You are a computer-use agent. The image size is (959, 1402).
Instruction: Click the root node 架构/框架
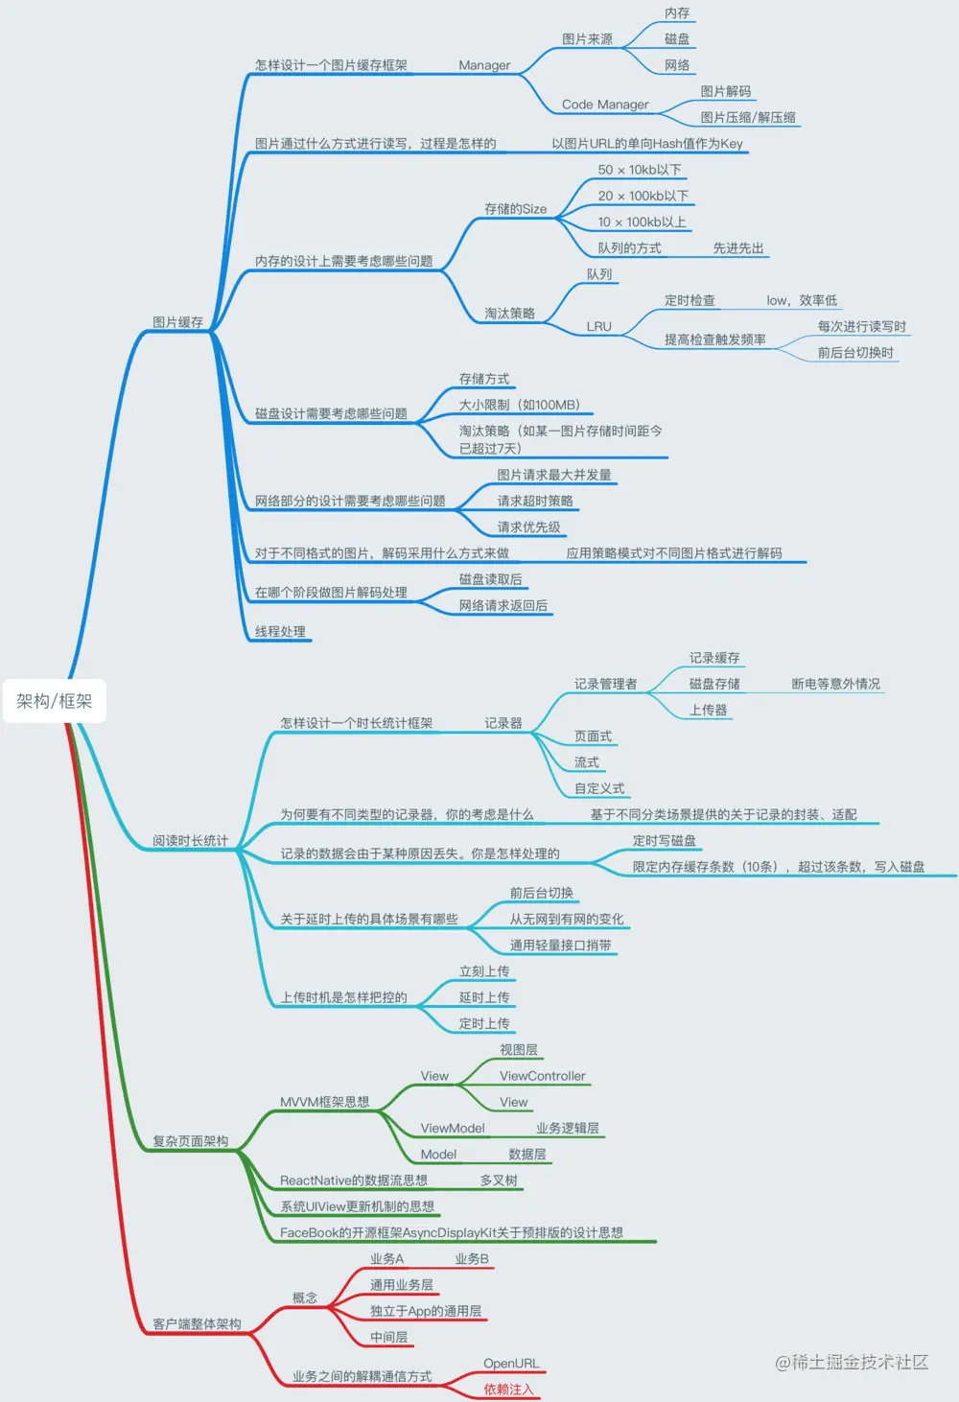pos(54,701)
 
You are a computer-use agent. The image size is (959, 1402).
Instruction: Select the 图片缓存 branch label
pos(177,322)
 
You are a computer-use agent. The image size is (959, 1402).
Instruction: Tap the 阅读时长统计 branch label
pos(190,841)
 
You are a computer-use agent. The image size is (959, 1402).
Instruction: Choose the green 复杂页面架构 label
pos(190,1141)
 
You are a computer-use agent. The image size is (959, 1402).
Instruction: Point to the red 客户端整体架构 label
pos(197,1324)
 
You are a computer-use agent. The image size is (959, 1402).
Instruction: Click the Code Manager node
pos(605,105)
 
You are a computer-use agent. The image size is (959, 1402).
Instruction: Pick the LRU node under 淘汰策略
pos(598,326)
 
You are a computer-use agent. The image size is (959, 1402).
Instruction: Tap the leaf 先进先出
pos(737,248)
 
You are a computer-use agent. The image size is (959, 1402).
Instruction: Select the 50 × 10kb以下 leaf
pos(640,170)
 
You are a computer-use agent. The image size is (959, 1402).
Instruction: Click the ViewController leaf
pos(542,1076)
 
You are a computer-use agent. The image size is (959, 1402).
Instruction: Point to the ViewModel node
pos(453,1129)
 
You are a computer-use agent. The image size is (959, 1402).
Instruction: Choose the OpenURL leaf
pos(511,1364)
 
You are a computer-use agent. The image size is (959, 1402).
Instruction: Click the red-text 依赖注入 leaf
pos(508,1390)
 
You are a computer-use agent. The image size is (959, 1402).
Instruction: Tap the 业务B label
pos(471,1259)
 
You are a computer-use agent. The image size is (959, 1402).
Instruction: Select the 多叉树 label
pos(499,1180)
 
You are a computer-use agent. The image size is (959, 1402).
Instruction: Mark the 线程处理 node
pos(280,632)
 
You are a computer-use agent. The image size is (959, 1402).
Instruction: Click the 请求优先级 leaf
pos(528,527)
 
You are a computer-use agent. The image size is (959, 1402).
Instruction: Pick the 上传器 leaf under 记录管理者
pos(708,711)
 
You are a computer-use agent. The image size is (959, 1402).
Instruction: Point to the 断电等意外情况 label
pos(835,684)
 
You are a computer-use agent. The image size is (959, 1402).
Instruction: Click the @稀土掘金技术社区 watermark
pos(852,1363)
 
